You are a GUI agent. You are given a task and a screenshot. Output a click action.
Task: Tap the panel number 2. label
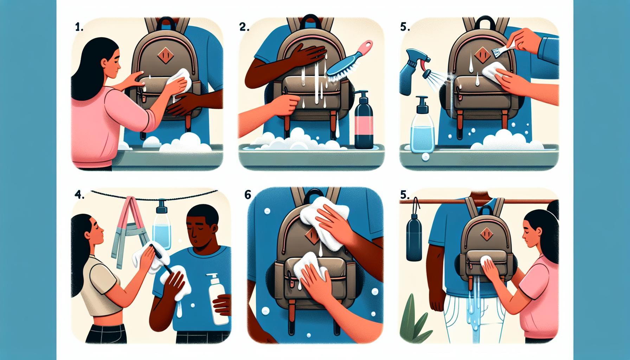244,28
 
